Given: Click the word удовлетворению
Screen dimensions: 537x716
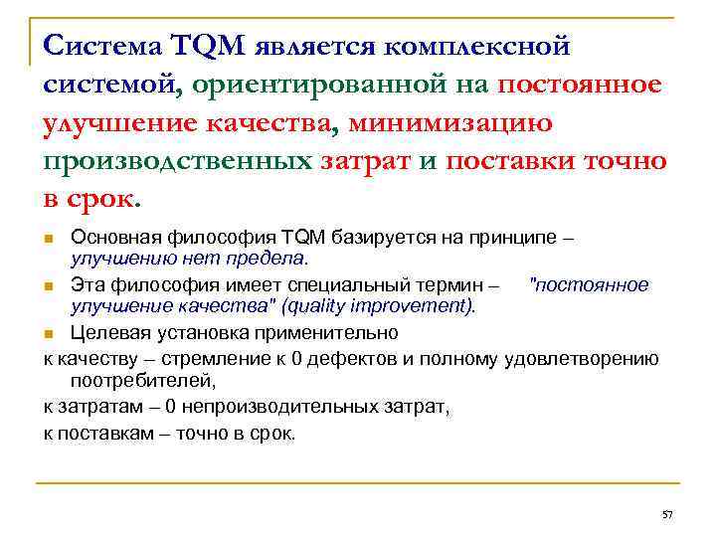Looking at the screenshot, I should pyautogui.click(x=582, y=359).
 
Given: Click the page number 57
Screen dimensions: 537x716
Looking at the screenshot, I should pyautogui.click(x=667, y=514).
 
